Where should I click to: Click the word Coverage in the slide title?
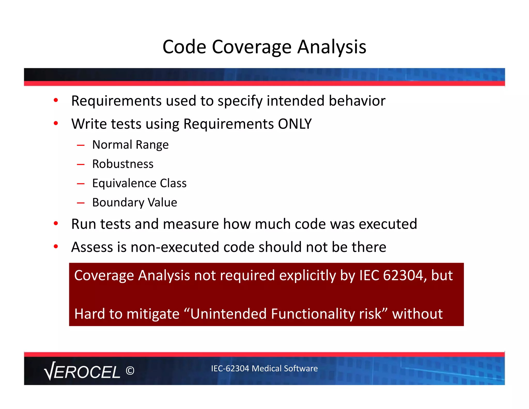click(252, 47)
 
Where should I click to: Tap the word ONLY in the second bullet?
click(295, 124)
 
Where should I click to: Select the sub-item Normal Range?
click(130, 145)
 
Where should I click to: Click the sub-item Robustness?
click(123, 164)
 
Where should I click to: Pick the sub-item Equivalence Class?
click(139, 183)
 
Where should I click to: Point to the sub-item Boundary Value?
click(135, 202)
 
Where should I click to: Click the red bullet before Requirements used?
click(56, 100)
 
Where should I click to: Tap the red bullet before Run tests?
click(56, 223)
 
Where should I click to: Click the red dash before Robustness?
click(81, 164)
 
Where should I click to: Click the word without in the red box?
click(417, 314)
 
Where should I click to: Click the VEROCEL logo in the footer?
click(82, 371)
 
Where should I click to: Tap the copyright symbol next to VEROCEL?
click(130, 371)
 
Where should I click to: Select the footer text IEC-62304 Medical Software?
click(264, 368)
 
